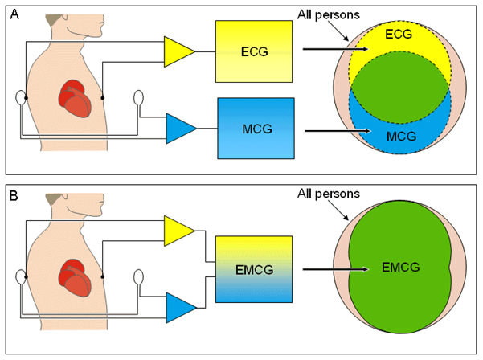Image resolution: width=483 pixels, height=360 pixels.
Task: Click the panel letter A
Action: [x=13, y=13]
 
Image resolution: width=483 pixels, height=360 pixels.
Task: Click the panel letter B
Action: [x=13, y=195]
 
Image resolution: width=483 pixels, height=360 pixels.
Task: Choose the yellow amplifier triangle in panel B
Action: [x=179, y=231]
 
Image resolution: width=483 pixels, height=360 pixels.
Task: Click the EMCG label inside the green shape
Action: [x=386, y=269]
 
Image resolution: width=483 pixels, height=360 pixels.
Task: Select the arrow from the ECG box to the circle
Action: [x=334, y=50]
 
